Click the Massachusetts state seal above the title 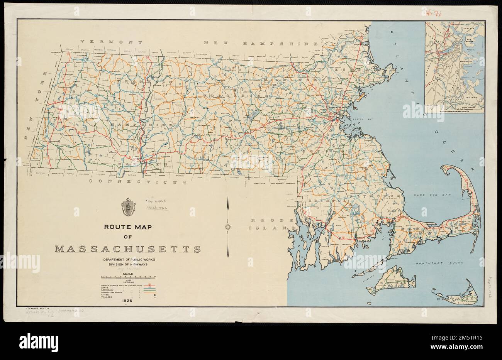tap(128, 206)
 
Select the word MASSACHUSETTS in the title tap(127, 249)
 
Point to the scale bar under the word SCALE tap(128, 277)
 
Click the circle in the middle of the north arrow tap(228, 226)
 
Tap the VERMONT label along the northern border tap(107, 41)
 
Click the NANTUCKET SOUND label tap(439, 263)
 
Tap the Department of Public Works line tap(127, 259)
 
